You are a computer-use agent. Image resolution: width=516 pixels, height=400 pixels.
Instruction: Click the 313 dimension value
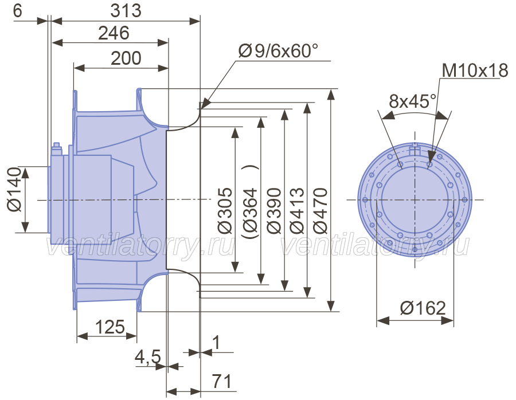click(126, 11)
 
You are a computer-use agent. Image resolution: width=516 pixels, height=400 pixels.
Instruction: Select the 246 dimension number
click(114, 33)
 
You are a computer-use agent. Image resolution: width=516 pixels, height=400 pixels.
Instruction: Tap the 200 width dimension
click(126, 58)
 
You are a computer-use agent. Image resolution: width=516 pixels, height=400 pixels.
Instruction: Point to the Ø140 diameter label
click(14, 190)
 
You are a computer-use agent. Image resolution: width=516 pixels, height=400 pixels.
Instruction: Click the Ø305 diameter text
click(225, 210)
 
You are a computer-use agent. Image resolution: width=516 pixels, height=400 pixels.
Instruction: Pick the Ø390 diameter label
click(274, 210)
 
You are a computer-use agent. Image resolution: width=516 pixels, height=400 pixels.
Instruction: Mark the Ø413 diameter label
click(297, 210)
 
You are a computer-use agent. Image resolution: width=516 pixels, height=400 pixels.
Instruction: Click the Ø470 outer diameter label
click(320, 210)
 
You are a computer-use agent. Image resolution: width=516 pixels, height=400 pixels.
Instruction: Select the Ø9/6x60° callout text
click(279, 51)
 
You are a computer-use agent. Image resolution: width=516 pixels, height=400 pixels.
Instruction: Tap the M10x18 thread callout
click(475, 70)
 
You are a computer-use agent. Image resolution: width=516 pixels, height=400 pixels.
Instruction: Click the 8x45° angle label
click(413, 101)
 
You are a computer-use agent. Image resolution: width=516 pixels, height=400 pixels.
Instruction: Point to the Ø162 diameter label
click(423, 308)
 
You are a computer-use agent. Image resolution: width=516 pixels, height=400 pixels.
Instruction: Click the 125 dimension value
click(110, 327)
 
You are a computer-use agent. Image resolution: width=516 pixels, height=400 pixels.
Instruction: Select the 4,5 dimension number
click(148, 356)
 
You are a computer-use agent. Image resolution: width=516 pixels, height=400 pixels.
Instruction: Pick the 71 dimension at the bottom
click(221, 381)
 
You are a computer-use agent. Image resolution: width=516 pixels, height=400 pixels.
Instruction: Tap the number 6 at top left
click(17, 10)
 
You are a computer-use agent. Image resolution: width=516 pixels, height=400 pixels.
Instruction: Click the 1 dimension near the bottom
click(216, 343)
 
